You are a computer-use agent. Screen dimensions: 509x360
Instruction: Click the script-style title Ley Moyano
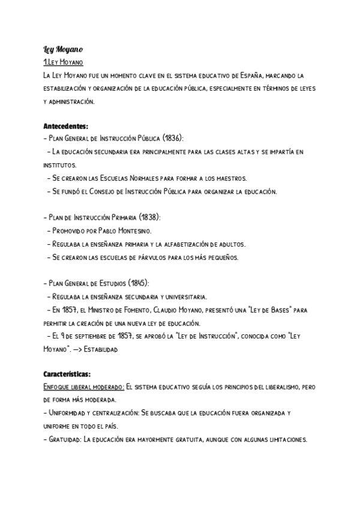click(62, 49)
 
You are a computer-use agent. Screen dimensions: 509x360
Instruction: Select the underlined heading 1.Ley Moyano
click(63, 62)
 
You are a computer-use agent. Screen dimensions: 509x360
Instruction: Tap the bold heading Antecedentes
click(65, 127)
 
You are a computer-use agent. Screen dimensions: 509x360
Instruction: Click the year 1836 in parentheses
click(161, 138)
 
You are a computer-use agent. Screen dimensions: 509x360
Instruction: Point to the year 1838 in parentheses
click(150, 217)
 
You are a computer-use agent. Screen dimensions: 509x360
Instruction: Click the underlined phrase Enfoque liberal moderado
click(83, 387)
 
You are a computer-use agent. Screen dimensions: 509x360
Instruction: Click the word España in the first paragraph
click(251, 76)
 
